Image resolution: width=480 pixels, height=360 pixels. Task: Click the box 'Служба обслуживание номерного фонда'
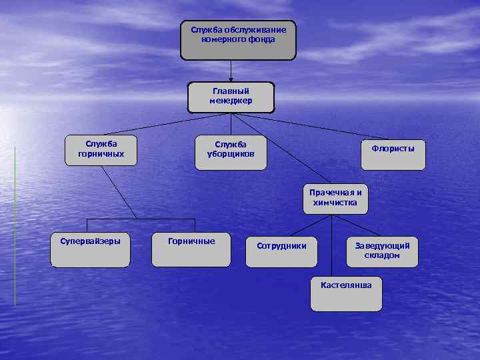[x=238, y=40]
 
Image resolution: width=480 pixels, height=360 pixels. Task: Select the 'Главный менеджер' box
[x=231, y=97]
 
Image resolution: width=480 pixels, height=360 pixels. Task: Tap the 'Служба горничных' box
[x=101, y=151]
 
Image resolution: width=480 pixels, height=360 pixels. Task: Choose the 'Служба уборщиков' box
[x=230, y=153]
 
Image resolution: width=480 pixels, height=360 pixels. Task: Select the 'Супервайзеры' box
[x=90, y=250]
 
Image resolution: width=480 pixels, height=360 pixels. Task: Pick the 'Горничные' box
[x=192, y=250]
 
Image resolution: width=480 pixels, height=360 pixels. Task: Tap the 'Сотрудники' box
[x=281, y=251]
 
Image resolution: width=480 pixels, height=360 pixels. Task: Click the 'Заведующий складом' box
[x=382, y=251]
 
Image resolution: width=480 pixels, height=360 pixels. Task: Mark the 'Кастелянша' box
[x=346, y=293]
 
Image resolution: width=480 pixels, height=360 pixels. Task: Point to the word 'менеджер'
[x=231, y=101]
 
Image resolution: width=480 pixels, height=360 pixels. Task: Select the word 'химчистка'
[x=335, y=203]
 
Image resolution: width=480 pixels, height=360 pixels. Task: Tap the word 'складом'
[x=382, y=255]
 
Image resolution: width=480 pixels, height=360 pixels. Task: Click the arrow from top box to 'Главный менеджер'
[x=231, y=71]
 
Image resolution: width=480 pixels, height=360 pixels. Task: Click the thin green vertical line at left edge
[x=15, y=227]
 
